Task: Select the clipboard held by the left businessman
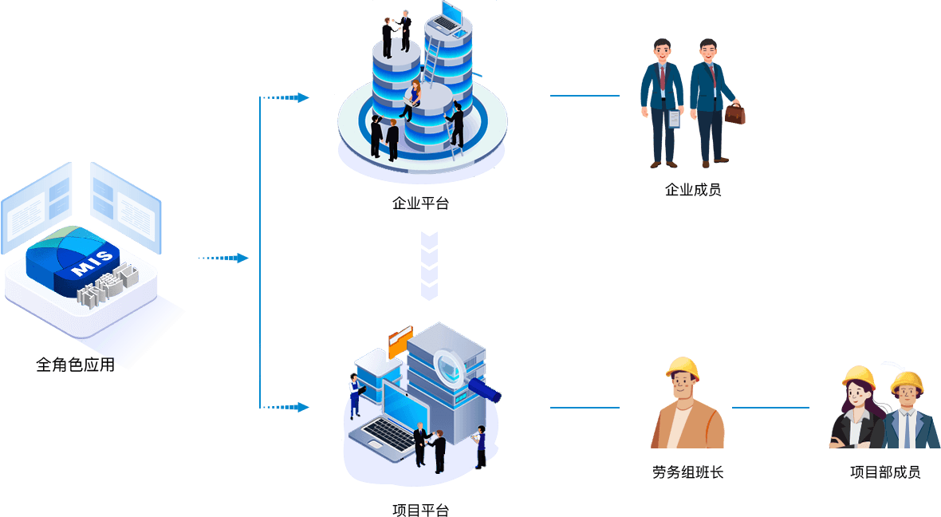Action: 674,119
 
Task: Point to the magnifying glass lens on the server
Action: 452,368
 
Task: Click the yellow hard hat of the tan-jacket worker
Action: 683,368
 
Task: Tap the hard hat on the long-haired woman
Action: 858,377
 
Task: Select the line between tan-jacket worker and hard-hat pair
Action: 770,408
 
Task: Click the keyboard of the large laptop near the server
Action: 387,434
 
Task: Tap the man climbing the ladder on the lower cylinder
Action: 456,124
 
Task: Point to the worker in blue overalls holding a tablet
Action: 354,397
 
